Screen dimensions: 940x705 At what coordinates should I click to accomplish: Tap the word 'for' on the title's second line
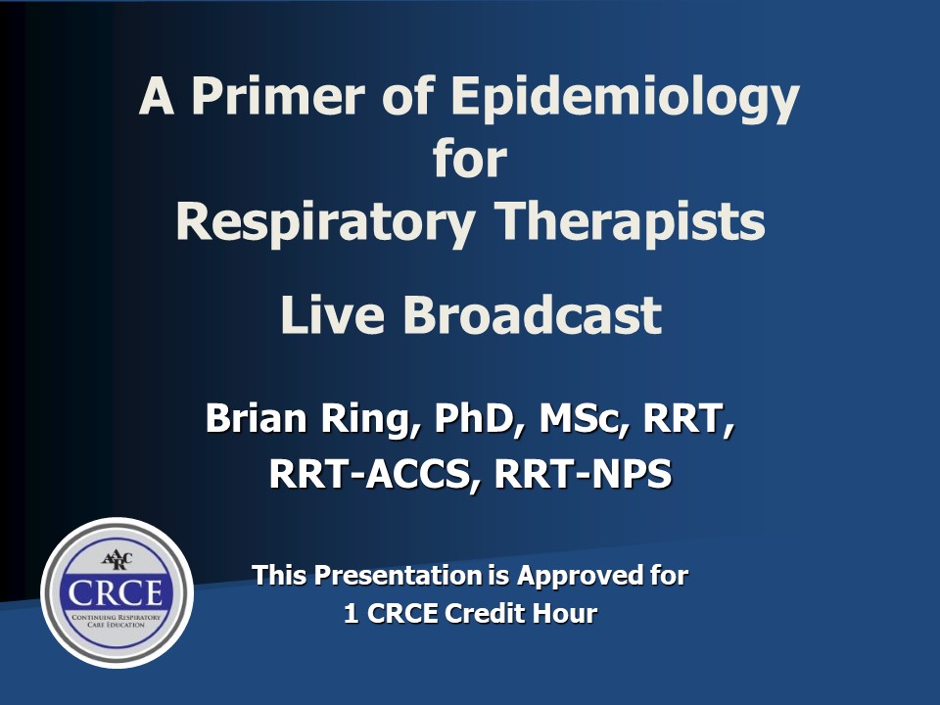click(x=470, y=159)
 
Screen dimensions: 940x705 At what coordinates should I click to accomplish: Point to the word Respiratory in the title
click(x=325, y=224)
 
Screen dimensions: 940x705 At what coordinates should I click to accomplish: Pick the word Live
click(x=332, y=314)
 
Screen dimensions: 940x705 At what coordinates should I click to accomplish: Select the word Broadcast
click(x=533, y=314)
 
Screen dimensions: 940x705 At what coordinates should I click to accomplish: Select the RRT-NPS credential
click(x=583, y=474)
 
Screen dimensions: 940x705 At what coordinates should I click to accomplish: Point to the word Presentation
click(x=399, y=576)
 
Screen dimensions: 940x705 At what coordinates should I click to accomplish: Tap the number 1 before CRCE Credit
click(x=351, y=613)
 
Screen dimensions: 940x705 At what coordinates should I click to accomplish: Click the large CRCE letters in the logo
click(x=117, y=593)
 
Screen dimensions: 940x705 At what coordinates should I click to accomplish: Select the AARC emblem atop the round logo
click(x=117, y=560)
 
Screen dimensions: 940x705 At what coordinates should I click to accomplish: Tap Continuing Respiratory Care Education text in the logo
click(x=117, y=621)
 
